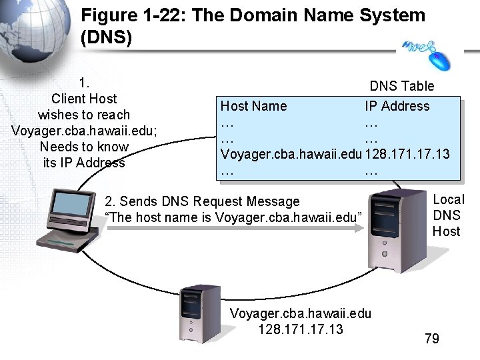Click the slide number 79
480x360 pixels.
coord(432,339)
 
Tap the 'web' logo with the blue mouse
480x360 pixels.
coord(427,52)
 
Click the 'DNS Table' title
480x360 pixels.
coord(401,86)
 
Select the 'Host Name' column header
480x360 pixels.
coord(253,106)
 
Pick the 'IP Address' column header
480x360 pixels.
coord(397,106)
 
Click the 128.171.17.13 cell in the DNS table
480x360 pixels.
coord(407,154)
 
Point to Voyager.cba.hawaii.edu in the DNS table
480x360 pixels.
coord(291,154)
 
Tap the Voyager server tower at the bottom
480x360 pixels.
coord(197,314)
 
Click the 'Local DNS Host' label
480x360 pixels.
coord(448,215)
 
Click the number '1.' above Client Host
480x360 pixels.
coord(84,83)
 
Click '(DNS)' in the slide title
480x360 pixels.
coord(106,38)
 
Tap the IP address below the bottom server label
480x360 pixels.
coord(300,329)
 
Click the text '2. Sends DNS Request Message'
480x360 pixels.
coord(203,201)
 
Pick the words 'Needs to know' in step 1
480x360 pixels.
coord(84,147)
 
